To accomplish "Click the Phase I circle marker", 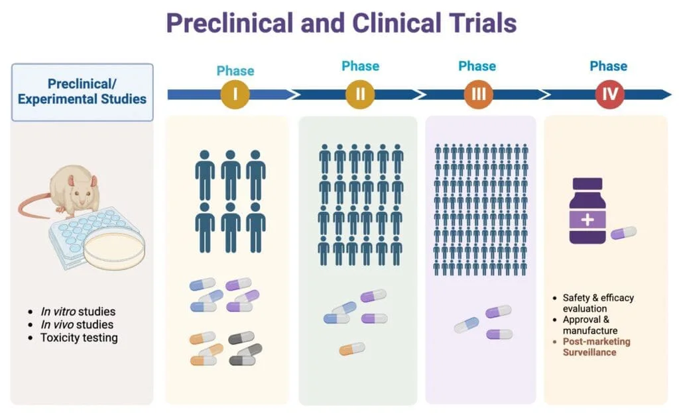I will tap(235, 95).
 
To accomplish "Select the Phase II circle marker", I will tap(360, 95).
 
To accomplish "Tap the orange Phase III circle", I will tap(477, 95).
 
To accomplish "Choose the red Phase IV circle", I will tap(608, 95).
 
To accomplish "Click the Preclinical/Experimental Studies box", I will tap(82, 92).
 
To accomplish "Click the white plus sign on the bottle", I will tap(587, 220).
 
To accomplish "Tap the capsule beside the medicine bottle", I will tap(623, 232).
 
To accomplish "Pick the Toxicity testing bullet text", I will tap(78, 338).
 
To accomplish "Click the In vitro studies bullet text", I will tap(78, 311).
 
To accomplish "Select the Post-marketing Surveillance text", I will tap(596, 347).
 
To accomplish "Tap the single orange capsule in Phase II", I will tap(351, 349).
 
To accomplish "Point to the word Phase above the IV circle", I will tap(608, 66).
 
